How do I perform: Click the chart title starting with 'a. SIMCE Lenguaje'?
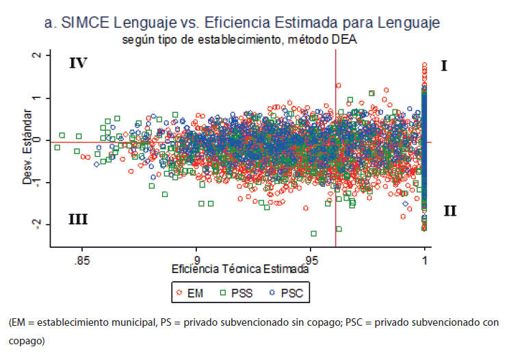242,23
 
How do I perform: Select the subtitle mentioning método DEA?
241,40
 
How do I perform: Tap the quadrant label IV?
78,64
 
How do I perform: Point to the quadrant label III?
78,219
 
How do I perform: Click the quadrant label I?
444,66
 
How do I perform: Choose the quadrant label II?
449,211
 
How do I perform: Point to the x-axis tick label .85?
81,261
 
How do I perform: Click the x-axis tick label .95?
311,261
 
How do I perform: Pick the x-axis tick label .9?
196,261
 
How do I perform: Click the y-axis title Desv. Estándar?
27,140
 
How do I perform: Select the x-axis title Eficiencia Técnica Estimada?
240,270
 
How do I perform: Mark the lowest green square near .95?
314,233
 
